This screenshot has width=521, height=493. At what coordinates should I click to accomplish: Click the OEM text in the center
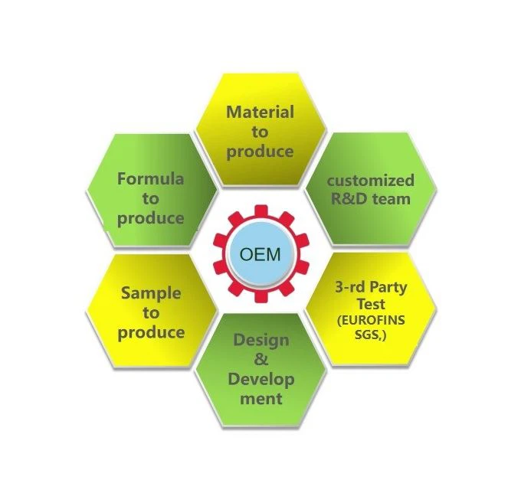(260, 255)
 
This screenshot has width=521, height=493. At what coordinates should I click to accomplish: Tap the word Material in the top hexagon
(260, 113)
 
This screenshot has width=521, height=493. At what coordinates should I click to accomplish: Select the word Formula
(150, 179)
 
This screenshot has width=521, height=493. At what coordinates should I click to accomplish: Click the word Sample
(151, 293)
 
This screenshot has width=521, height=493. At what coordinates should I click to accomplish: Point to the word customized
(371, 181)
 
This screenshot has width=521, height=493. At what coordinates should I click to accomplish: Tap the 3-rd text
(348, 287)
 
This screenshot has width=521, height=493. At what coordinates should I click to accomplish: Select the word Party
(386, 288)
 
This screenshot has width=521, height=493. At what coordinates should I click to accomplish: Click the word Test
(371, 304)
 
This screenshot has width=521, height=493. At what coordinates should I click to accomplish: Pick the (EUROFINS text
(371, 321)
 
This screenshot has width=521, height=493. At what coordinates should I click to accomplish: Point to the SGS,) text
(371, 335)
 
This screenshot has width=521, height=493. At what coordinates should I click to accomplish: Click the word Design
(261, 341)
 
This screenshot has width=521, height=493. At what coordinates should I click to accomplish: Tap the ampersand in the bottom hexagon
(261, 359)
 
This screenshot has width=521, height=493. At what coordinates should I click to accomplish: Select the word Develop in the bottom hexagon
(261, 380)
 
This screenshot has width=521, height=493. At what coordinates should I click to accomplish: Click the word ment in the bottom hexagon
(261, 398)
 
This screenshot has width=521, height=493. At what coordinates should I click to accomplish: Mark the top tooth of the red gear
(261, 211)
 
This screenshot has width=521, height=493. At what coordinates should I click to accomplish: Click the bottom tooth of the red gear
(261, 297)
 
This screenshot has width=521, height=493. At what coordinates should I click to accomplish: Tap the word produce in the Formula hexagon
(150, 219)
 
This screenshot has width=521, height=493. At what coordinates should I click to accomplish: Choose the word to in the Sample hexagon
(151, 313)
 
